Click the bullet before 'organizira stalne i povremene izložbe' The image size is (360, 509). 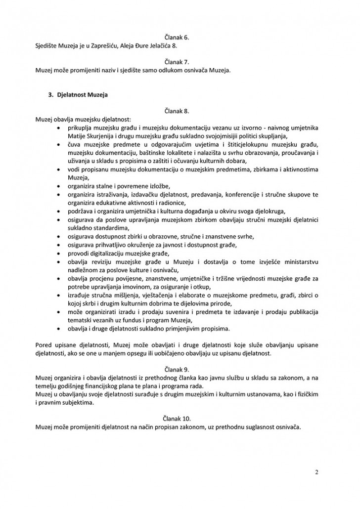(x=59, y=186)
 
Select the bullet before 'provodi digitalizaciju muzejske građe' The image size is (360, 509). (x=59, y=253)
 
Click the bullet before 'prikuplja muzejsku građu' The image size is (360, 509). (x=59, y=128)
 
